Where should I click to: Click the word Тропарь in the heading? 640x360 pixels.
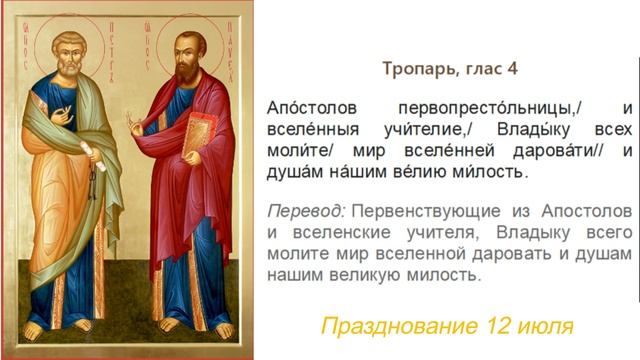(413, 68)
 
